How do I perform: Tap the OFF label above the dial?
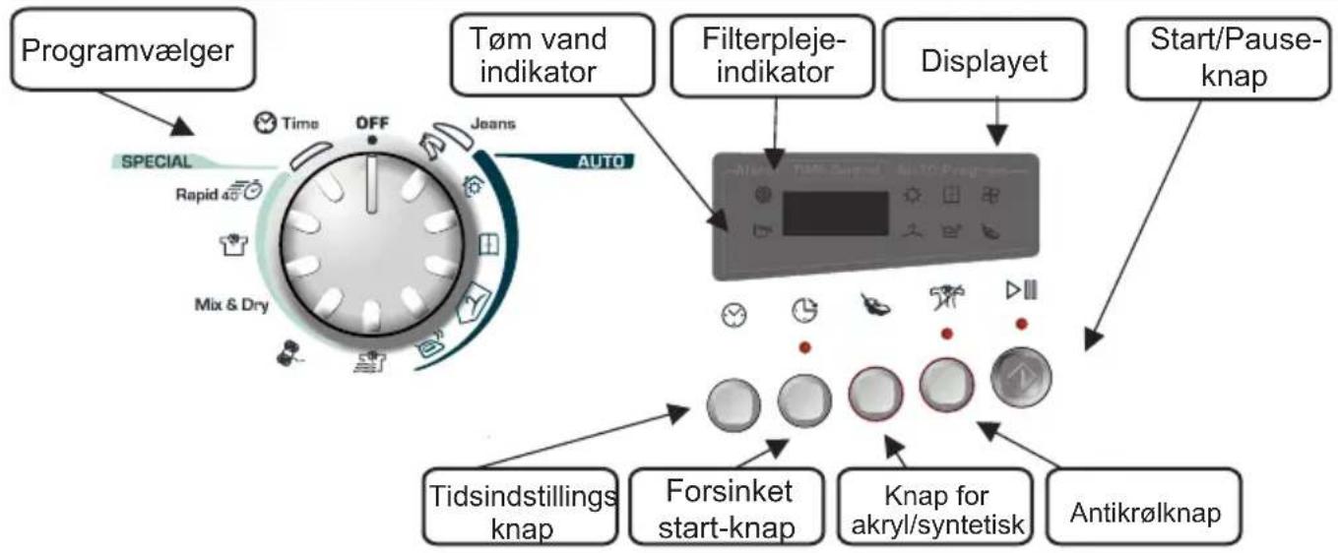pyautogui.click(x=372, y=123)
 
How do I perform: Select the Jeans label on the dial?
pyautogui.click(x=493, y=124)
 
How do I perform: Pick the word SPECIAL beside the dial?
pyautogui.click(x=157, y=162)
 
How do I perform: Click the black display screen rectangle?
pyautogui.click(x=835, y=213)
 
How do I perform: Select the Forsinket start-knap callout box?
pyautogui.click(x=726, y=507)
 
